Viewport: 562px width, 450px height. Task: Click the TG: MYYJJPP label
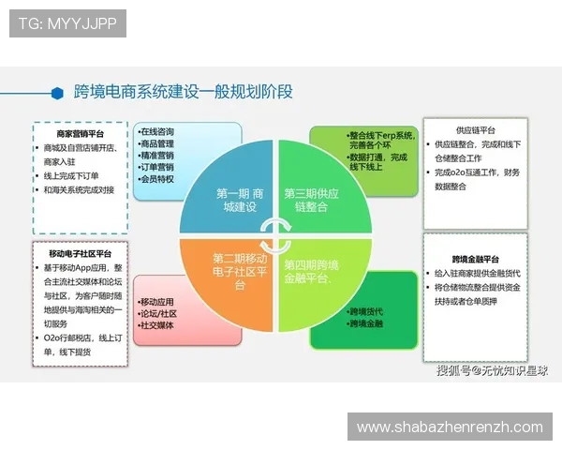[67, 22]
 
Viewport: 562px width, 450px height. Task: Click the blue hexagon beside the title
[58, 93]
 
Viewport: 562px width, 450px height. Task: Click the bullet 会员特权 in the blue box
[156, 178]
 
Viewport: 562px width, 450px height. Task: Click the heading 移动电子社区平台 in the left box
[80, 253]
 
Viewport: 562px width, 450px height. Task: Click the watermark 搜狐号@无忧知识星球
[491, 370]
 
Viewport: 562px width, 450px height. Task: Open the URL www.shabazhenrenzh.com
[450, 427]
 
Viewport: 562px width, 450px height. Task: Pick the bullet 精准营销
[156, 156]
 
